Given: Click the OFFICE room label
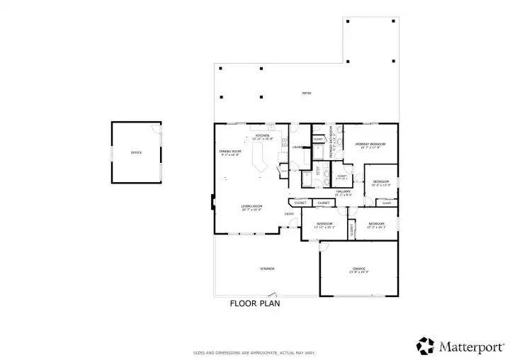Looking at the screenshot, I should tap(136, 152).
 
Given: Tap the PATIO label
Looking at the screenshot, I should tap(307, 93).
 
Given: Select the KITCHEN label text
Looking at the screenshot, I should tap(262, 135).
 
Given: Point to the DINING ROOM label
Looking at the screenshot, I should tap(231, 152).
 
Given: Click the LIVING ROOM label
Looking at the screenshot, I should tap(251, 208).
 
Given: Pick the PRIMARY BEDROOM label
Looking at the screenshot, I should tap(370, 145).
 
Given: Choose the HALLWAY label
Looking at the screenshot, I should tap(344, 191).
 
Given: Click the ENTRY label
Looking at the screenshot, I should tap(290, 214).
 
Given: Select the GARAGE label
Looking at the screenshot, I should tap(359, 269).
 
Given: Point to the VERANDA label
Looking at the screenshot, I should tap(266, 269).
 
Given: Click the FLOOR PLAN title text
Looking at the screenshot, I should tap(255, 304).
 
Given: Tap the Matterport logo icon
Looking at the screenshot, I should tap(426, 346).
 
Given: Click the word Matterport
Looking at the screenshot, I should tap(471, 347).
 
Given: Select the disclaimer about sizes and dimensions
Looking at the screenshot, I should tap(255, 352).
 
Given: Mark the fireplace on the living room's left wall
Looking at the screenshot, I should tap(213, 203).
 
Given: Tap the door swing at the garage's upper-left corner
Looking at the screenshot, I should tap(324, 247).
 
